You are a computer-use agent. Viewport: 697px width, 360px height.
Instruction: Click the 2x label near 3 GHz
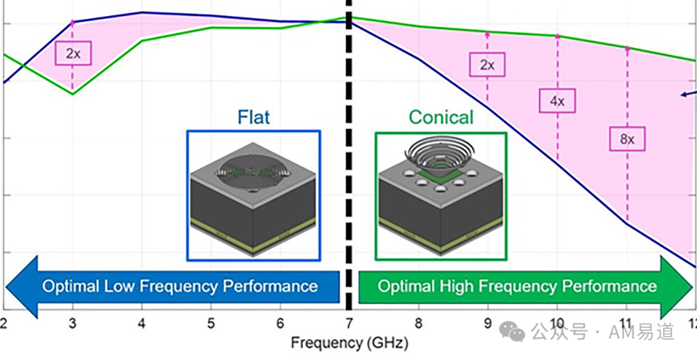click(73, 54)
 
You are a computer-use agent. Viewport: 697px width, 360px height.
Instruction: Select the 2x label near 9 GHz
click(487, 65)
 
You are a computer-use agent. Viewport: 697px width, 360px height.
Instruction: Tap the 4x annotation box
click(557, 101)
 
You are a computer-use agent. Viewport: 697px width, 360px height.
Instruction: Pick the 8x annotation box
click(627, 139)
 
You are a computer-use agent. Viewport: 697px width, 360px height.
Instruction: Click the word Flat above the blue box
click(254, 117)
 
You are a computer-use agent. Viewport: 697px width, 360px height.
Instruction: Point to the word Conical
click(441, 117)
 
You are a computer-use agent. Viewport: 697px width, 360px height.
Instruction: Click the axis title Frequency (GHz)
click(349, 343)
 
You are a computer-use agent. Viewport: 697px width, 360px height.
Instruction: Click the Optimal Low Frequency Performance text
click(180, 286)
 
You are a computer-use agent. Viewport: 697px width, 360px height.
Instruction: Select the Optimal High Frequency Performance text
click(517, 286)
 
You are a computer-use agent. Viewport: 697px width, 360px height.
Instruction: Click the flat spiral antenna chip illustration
click(254, 197)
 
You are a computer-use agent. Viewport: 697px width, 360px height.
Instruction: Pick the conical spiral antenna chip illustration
click(441, 197)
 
